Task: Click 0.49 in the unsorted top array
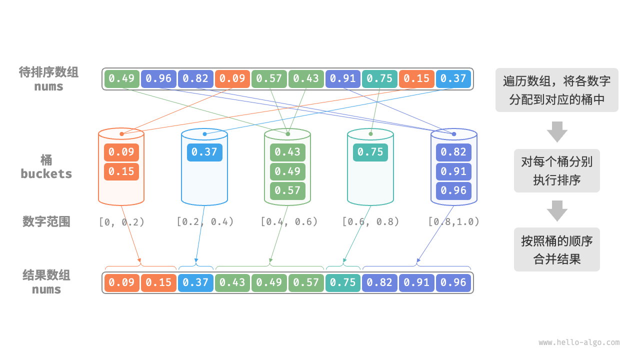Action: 121,78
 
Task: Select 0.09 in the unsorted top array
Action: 232,78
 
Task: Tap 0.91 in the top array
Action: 343,78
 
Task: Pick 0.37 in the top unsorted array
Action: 453,78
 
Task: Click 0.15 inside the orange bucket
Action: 121,171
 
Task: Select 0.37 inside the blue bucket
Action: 204,152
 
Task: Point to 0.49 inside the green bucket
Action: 287,171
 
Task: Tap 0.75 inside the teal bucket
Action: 370,152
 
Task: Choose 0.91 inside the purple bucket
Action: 453,171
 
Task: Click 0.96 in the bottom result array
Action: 453,282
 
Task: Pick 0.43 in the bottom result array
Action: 232,282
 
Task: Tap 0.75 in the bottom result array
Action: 343,282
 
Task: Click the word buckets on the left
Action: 46,174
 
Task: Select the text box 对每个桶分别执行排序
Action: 556,170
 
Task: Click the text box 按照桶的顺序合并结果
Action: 556,249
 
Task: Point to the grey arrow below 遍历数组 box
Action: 556,131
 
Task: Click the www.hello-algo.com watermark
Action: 578,342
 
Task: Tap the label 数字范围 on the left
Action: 46,221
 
